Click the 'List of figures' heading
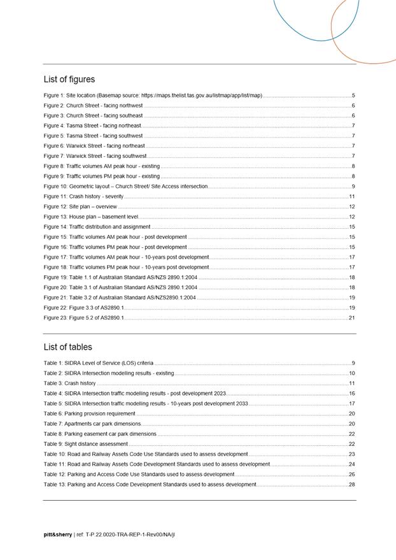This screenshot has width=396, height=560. tap(69, 80)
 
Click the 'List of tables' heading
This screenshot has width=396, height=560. tap(67, 347)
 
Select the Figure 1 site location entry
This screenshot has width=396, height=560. tap(153, 96)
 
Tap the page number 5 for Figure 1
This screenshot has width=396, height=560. tap(353, 96)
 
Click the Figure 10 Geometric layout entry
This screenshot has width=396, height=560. tap(125, 187)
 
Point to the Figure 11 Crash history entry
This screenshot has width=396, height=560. tap(83, 197)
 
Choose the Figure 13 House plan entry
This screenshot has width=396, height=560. tap(91, 217)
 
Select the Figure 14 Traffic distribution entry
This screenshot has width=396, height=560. tap(97, 227)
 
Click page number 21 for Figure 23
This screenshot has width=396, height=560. tap(351, 317)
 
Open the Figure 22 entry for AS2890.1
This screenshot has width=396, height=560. tap(84, 308)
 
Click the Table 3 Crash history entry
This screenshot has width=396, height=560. tap(69, 384)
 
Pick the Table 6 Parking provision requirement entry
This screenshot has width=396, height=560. tap(89, 413)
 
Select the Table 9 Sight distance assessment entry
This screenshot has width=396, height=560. tap(86, 444)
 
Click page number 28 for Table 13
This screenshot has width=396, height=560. tap(351, 485)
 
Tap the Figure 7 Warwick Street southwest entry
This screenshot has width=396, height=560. tap(95, 156)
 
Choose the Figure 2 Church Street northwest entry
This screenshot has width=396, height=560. tap(93, 106)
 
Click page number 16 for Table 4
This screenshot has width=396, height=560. tap(351, 394)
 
